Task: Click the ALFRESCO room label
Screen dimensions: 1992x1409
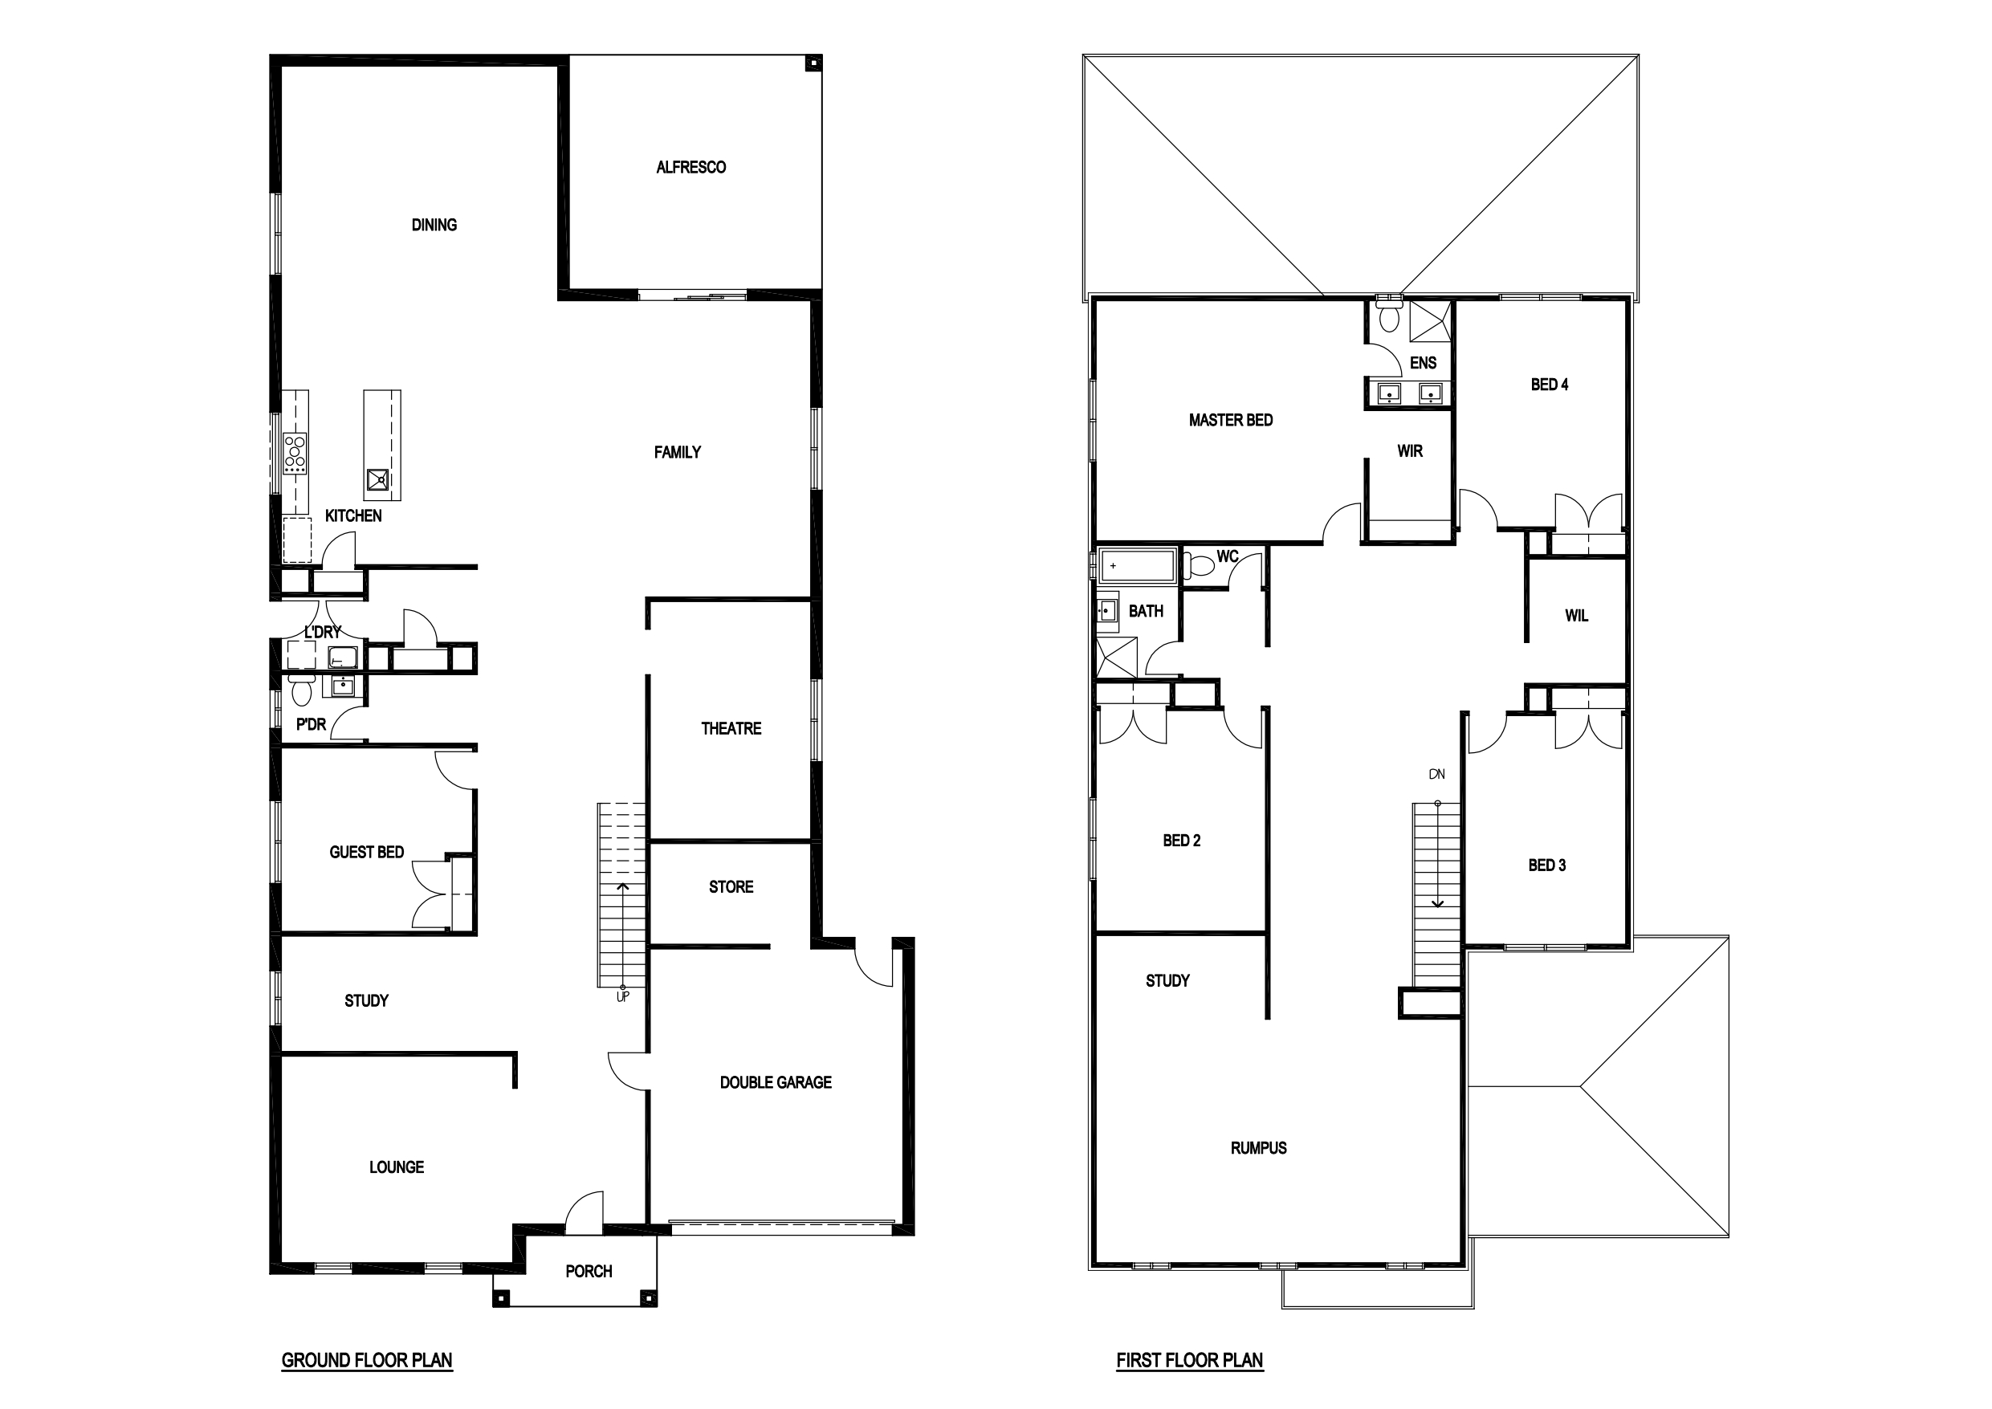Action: tap(690, 168)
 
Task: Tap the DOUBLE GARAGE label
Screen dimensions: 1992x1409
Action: tap(776, 1082)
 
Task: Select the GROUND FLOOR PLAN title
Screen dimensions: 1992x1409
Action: tap(367, 1360)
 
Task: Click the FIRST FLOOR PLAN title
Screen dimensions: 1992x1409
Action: tap(1189, 1360)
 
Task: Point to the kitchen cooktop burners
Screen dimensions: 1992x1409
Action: tap(295, 452)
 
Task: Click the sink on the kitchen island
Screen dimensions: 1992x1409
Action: tap(378, 480)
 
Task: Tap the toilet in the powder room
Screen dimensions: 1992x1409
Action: tap(301, 691)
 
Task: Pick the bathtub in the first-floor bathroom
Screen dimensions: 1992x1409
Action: tap(1138, 566)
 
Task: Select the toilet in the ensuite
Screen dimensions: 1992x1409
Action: tap(1390, 316)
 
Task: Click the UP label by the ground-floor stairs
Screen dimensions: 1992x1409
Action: tap(622, 998)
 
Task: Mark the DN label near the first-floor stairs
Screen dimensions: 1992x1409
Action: tap(1436, 775)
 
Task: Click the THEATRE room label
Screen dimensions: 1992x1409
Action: tap(731, 729)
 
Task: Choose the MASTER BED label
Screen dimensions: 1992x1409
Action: tap(1230, 421)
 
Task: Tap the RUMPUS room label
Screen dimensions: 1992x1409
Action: tap(1258, 1149)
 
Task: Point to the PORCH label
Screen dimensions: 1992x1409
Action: tap(589, 1272)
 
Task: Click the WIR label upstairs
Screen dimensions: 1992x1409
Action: tap(1410, 451)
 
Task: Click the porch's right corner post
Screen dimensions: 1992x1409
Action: tap(646, 1298)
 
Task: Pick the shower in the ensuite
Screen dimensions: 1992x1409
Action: tap(1430, 320)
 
